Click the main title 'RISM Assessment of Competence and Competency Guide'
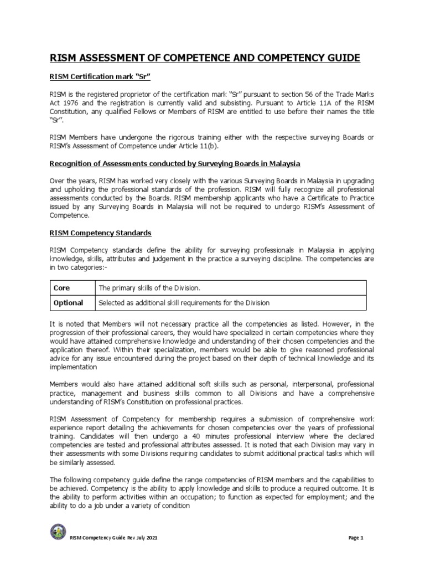(205, 58)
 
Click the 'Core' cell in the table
(61, 288)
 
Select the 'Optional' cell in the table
(68, 303)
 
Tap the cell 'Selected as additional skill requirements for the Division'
(183, 303)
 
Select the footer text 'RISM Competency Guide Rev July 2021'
(117, 538)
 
